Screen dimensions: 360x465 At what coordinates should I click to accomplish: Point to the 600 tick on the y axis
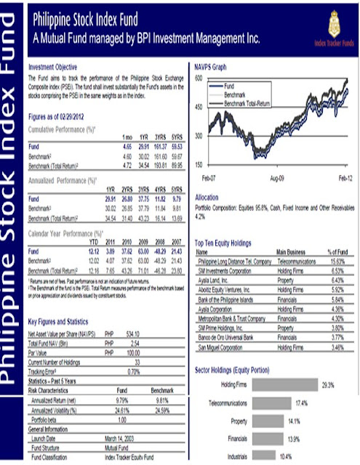198,78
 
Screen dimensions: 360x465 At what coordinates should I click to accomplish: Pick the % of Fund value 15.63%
337,259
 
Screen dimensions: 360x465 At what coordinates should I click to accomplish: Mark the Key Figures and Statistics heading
63,321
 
